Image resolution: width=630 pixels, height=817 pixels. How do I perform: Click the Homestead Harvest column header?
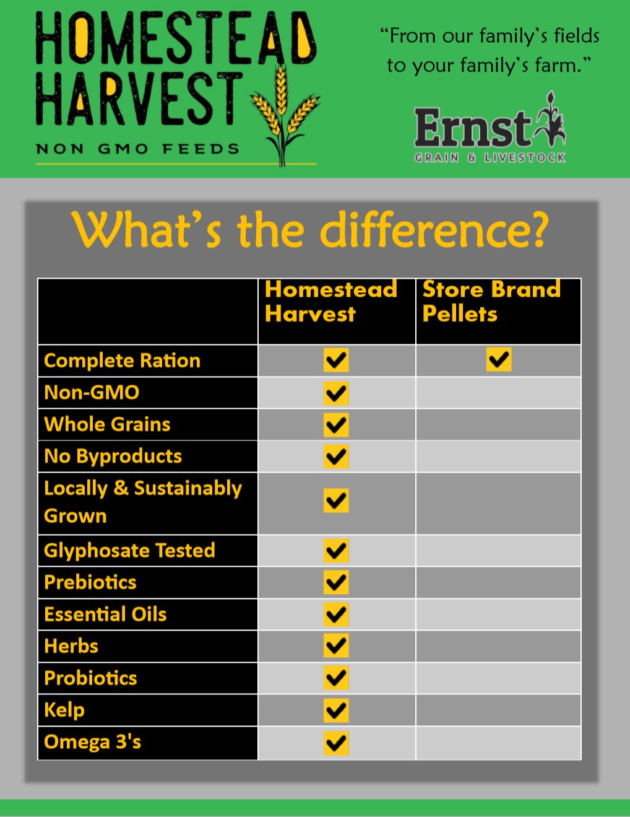[331, 301]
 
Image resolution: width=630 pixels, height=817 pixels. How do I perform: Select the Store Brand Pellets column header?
[491, 301]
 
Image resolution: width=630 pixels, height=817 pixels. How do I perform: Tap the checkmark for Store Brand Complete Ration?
[499, 359]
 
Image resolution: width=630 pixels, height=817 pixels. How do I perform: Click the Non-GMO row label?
[92, 392]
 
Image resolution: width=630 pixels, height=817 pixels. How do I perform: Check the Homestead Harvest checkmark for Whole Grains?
[336, 424]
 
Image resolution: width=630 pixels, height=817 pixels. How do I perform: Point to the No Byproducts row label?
[113, 456]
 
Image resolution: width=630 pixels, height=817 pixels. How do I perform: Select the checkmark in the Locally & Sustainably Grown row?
[336, 500]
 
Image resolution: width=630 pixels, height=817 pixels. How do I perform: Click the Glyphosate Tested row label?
[129, 550]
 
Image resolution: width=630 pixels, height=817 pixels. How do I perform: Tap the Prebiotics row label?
[90, 582]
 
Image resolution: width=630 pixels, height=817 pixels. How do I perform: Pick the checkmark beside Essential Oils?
[336, 614]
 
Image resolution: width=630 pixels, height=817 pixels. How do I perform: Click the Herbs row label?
[71, 646]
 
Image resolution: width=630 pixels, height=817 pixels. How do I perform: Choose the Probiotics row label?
[90, 678]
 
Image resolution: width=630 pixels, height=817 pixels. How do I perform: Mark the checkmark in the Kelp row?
[336, 710]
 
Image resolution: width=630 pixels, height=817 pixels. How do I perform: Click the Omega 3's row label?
[93, 741]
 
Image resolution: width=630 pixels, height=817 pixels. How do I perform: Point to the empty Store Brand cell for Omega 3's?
[498, 742]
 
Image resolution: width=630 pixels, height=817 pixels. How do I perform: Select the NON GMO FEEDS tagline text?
[137, 149]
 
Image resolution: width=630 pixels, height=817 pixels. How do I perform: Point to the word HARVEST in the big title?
[139, 99]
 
